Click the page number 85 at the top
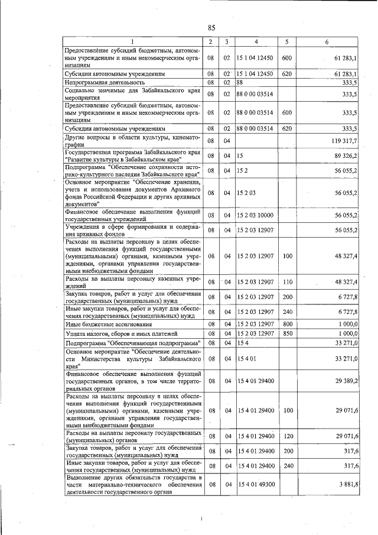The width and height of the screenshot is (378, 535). tap(211, 28)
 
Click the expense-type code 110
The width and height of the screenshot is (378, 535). tap(287, 282)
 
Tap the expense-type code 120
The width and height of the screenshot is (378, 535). tap(287, 436)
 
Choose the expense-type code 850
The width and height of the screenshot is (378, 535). tap(287, 333)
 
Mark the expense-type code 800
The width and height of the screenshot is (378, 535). tap(287, 324)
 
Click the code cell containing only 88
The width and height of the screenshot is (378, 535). tap(240, 83)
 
